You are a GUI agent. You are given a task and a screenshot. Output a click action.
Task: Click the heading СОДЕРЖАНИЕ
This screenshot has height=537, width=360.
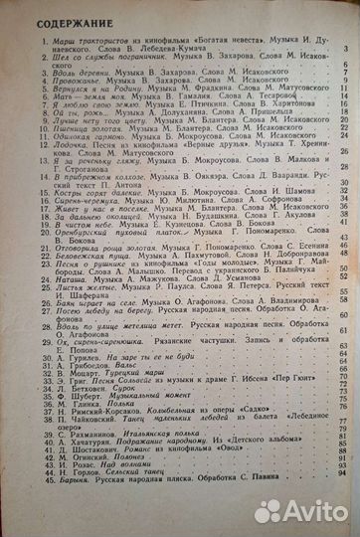(59, 23)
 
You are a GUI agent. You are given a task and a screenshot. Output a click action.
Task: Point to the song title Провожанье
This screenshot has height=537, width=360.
(66, 84)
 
